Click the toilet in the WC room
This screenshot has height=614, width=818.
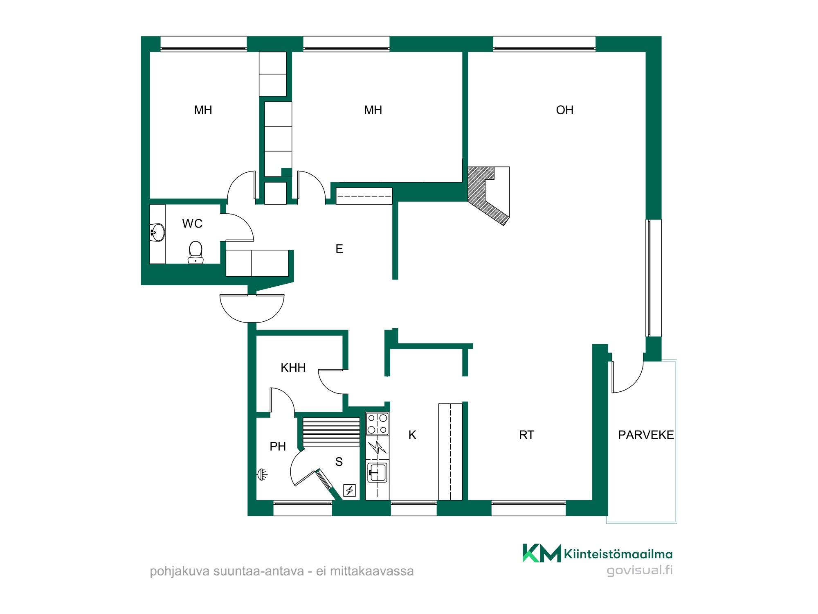(196, 252)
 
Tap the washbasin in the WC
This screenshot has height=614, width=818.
(157, 233)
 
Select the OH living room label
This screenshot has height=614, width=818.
(564, 110)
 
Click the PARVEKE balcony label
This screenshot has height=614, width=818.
(646, 435)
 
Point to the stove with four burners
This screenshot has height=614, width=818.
(377, 424)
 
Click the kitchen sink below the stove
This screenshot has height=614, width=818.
(377, 472)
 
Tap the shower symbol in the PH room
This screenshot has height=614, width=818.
(262, 474)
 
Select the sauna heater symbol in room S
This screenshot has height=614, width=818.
(350, 490)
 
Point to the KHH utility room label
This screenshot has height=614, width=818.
(293, 368)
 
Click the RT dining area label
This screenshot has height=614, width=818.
(526, 435)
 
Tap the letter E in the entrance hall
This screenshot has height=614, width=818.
(339, 248)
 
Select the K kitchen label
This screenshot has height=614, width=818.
(412, 435)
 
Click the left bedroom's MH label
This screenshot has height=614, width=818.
(203, 110)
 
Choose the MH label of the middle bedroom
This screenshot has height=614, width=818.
(373, 110)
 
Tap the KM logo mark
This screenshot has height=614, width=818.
(542, 553)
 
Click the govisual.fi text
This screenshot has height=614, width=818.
(640, 570)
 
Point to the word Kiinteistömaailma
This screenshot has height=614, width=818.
(618, 554)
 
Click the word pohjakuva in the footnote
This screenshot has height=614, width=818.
(180, 571)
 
